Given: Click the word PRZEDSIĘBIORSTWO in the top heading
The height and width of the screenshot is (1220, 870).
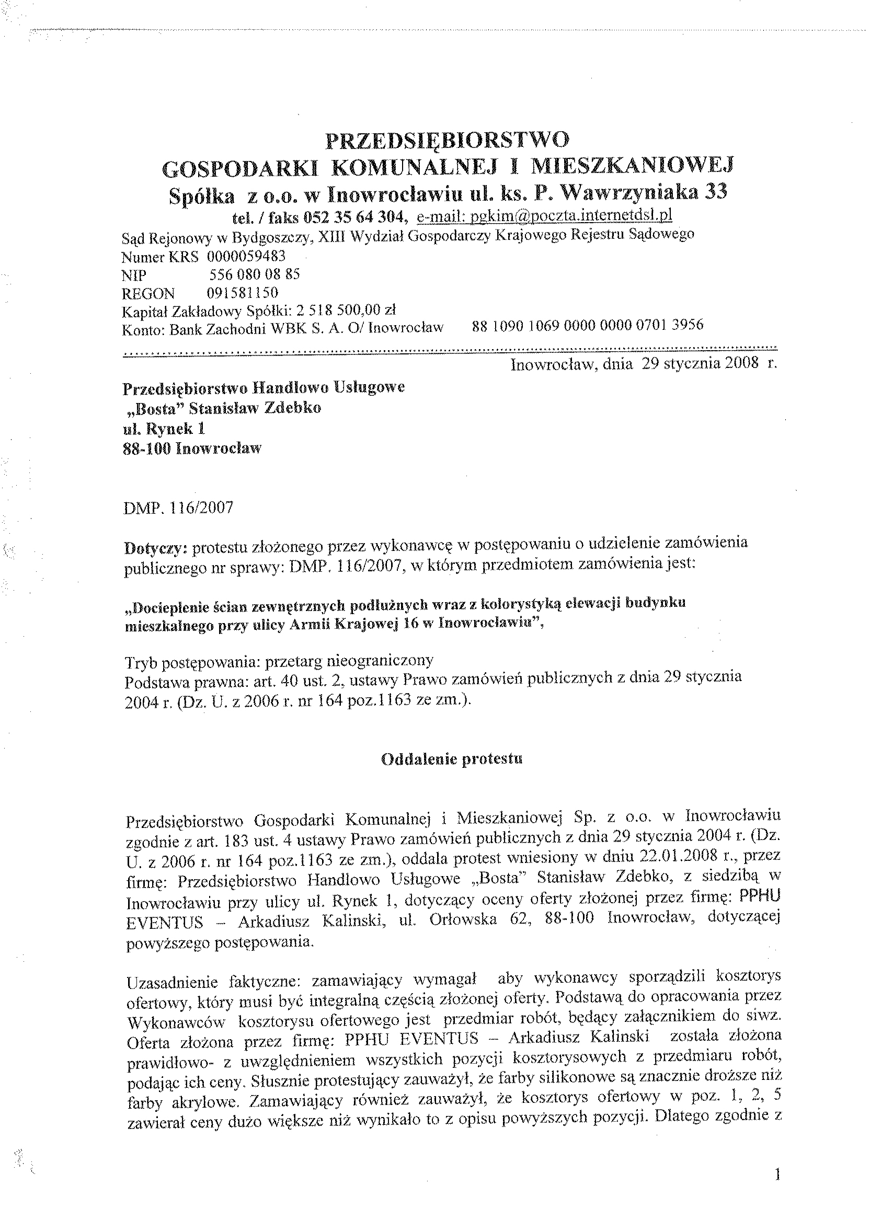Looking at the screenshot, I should click(x=448, y=140).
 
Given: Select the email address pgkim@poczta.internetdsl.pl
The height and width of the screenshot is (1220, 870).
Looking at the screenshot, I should click(x=545, y=215).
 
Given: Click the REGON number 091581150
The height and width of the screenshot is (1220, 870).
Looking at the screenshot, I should click(x=242, y=293).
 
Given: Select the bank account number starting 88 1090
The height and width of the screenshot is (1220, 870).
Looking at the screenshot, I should click(x=588, y=325).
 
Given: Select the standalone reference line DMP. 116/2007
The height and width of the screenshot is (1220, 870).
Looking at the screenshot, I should click(x=178, y=507).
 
